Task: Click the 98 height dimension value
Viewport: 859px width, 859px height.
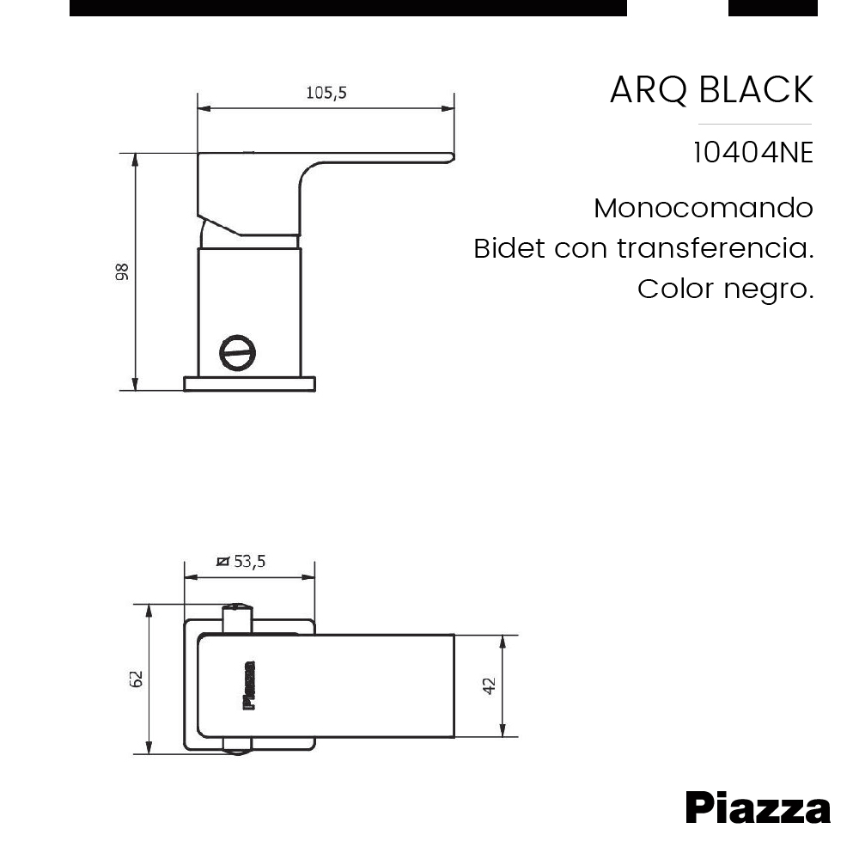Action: [121, 271]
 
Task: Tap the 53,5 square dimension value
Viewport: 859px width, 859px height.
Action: [250, 562]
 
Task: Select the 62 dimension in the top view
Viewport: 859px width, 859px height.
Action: [136, 678]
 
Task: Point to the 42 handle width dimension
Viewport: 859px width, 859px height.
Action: [490, 686]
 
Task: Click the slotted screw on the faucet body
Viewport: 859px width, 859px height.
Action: [238, 353]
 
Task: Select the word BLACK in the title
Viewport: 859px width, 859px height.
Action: [757, 90]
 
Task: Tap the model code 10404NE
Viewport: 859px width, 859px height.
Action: [752, 153]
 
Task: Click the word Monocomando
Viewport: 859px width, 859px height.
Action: [703, 208]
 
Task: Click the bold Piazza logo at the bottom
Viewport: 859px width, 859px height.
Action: [758, 808]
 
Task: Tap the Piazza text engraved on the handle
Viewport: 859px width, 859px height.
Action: [250, 685]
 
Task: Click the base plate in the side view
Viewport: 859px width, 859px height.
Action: [250, 384]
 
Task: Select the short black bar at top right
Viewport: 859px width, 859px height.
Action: [772, 8]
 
